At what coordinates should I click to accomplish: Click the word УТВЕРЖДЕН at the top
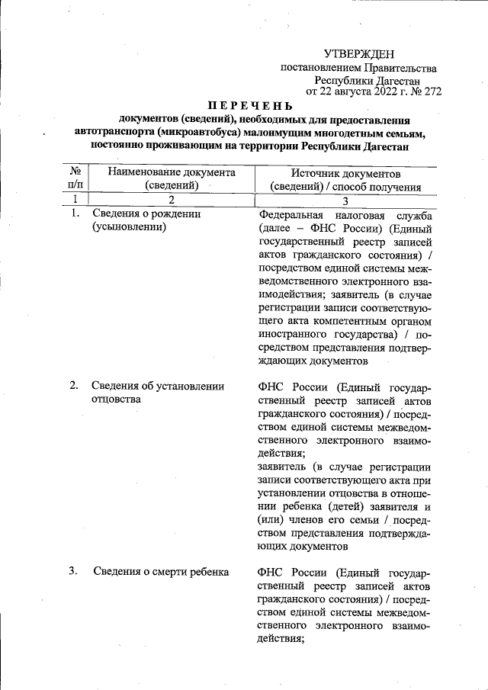click(x=359, y=53)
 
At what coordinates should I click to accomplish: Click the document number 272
click(x=432, y=91)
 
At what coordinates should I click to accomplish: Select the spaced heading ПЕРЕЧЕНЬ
click(x=249, y=104)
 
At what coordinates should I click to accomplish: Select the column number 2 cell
click(x=172, y=200)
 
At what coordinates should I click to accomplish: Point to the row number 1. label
click(x=75, y=214)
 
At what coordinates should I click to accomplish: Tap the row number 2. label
click(x=75, y=386)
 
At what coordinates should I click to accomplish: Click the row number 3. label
click(x=75, y=571)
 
